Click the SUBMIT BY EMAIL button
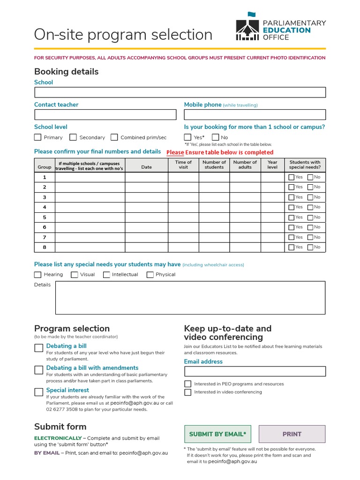[217, 434]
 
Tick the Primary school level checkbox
[38, 137]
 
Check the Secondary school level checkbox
[73, 137]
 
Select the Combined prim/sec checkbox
[114, 137]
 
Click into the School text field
[180, 92]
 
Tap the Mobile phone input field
[255, 115]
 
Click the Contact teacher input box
[105, 115]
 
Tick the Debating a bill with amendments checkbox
[39, 370]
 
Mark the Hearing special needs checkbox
[38, 275]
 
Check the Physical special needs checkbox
[150, 275]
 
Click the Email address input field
[255, 372]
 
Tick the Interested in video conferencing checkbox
[188, 392]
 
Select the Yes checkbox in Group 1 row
[292, 177]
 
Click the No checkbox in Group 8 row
[310, 247]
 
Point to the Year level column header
[272, 165]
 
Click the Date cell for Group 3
[146, 197]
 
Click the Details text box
[190, 298]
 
